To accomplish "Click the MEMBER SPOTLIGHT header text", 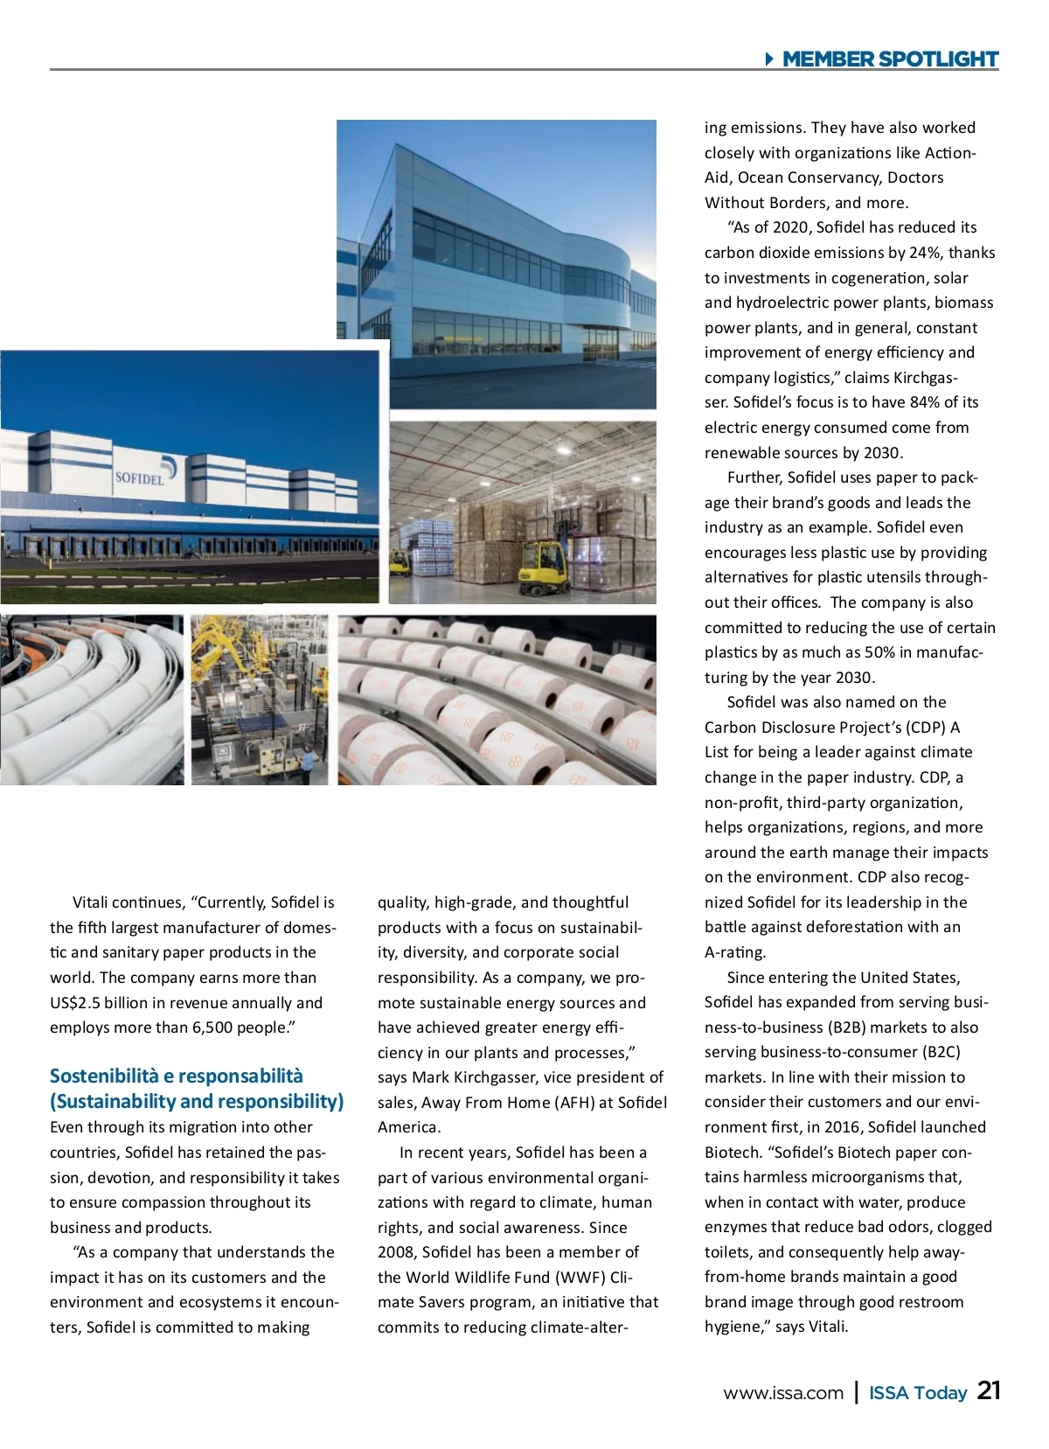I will [x=890, y=59].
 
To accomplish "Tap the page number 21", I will [x=989, y=1390].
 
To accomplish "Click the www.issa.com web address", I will [x=783, y=1393].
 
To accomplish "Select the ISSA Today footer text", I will [x=918, y=1393].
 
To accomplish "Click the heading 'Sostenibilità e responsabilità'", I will [x=177, y=1076].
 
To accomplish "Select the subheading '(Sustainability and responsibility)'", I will [x=197, y=1102].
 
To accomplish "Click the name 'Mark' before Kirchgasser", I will [x=430, y=1077].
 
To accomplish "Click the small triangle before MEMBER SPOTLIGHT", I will [x=769, y=59].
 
